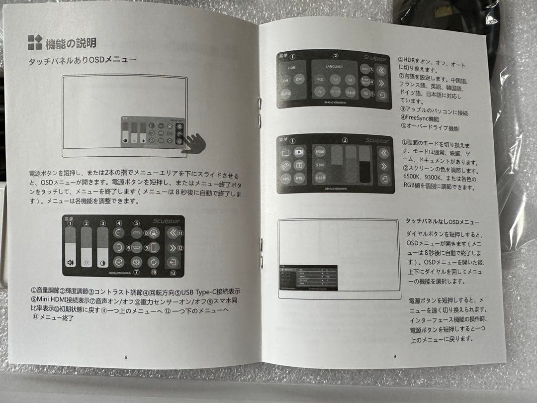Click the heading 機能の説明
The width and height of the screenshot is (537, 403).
click(x=70, y=43)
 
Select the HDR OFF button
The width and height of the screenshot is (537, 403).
click(x=299, y=80)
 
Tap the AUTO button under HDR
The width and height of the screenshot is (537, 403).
click(x=285, y=94)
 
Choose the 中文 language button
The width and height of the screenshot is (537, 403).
click(x=320, y=79)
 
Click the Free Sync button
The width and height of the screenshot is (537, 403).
click(x=365, y=80)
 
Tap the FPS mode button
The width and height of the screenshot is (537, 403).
click(x=285, y=178)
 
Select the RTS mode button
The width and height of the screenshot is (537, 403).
click(x=299, y=178)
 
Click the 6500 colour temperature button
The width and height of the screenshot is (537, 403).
click(x=320, y=150)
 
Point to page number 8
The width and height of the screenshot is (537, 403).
click(x=126, y=357)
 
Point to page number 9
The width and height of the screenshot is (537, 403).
click(x=394, y=356)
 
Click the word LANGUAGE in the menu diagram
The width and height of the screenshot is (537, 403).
click(x=335, y=66)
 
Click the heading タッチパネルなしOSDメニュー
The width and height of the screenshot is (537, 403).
click(x=443, y=222)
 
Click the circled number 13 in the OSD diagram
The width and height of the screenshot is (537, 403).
click(x=173, y=273)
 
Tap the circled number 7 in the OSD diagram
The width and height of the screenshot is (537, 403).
click(x=136, y=272)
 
